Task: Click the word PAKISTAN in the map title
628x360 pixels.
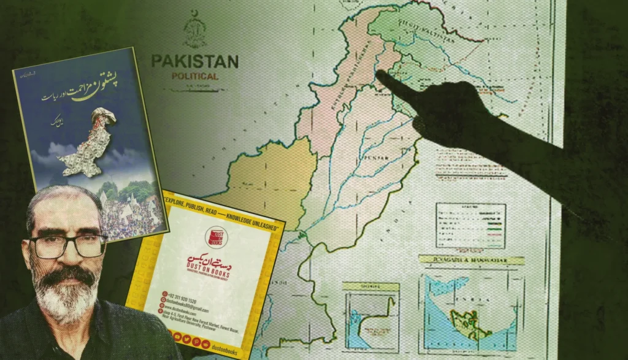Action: [x=194, y=62]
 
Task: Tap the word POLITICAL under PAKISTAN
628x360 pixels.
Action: [x=195, y=77]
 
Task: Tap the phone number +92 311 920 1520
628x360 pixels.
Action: [x=190, y=293]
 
